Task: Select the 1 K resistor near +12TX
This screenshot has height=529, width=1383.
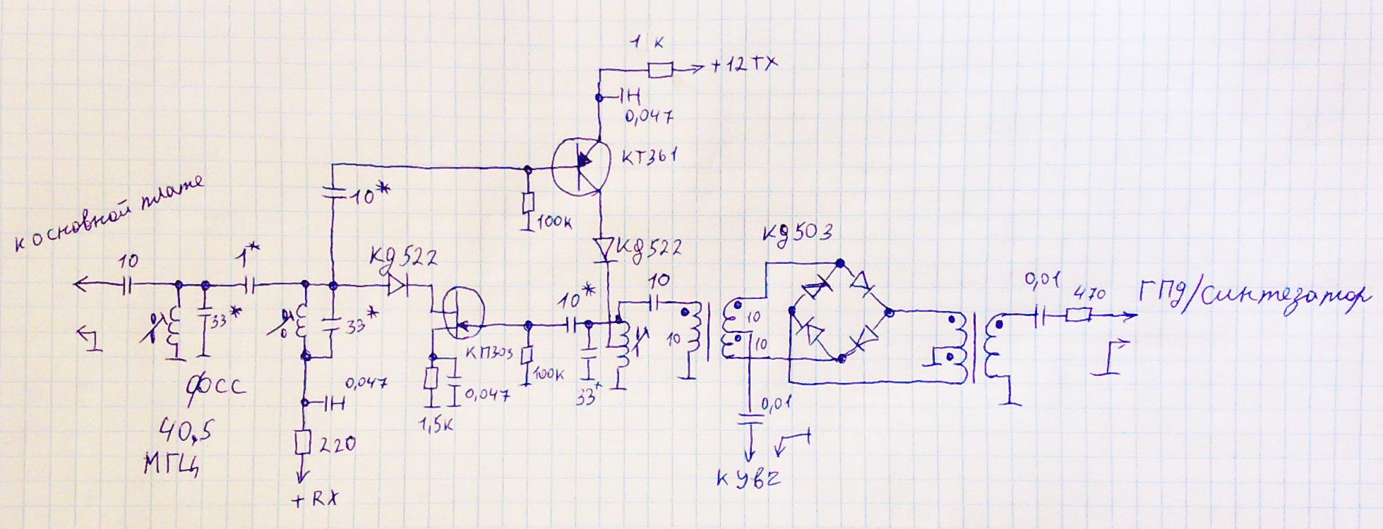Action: [x=660, y=69]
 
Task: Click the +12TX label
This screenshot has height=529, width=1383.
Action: [x=744, y=65]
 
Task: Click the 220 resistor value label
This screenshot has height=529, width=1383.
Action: [x=337, y=444]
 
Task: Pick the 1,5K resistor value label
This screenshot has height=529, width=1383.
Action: [x=436, y=425]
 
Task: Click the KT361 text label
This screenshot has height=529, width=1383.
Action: [x=649, y=157]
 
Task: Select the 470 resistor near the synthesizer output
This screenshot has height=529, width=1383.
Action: [x=1079, y=315]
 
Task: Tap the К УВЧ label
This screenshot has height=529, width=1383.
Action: [x=748, y=480]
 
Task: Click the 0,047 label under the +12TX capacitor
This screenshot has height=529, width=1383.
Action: [x=649, y=116]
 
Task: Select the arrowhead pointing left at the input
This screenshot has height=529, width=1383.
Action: [x=81, y=285]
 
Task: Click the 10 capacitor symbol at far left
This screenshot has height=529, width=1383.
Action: [x=127, y=285]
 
